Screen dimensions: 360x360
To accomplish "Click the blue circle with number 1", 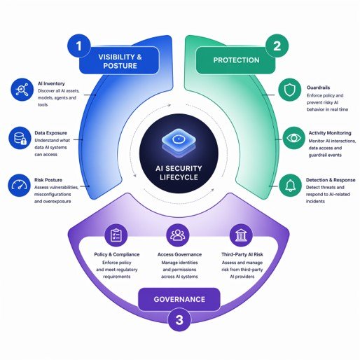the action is point(79,46).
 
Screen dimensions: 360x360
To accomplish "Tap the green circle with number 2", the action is point(277,46).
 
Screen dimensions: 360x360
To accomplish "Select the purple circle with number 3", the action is point(179,319).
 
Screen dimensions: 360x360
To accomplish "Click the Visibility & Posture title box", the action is point(119,61).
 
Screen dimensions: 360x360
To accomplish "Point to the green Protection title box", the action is point(236,60).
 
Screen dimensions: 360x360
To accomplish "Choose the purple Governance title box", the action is point(179,299).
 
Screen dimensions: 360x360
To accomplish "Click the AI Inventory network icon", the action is point(22,90).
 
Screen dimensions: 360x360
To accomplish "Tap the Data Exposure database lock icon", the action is point(20,138).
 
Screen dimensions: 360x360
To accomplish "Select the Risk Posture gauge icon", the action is point(20,186).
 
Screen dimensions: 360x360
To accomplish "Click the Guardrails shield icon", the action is point(290,90).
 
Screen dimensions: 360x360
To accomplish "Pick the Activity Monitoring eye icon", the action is point(294,138).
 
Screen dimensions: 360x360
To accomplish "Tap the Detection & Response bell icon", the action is point(290,186).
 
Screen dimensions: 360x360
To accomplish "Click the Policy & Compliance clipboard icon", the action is point(116,235).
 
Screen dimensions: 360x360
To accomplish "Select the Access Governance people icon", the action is point(178,235).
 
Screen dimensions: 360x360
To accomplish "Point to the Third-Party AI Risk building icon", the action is point(241,235).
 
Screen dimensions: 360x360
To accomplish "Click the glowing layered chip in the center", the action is point(179,141).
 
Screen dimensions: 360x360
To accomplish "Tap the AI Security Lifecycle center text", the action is point(179,173).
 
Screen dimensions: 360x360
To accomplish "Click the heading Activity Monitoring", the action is point(330,133).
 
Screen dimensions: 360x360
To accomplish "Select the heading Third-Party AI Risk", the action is point(242,254).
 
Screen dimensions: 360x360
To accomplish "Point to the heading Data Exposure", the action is point(50,133).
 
